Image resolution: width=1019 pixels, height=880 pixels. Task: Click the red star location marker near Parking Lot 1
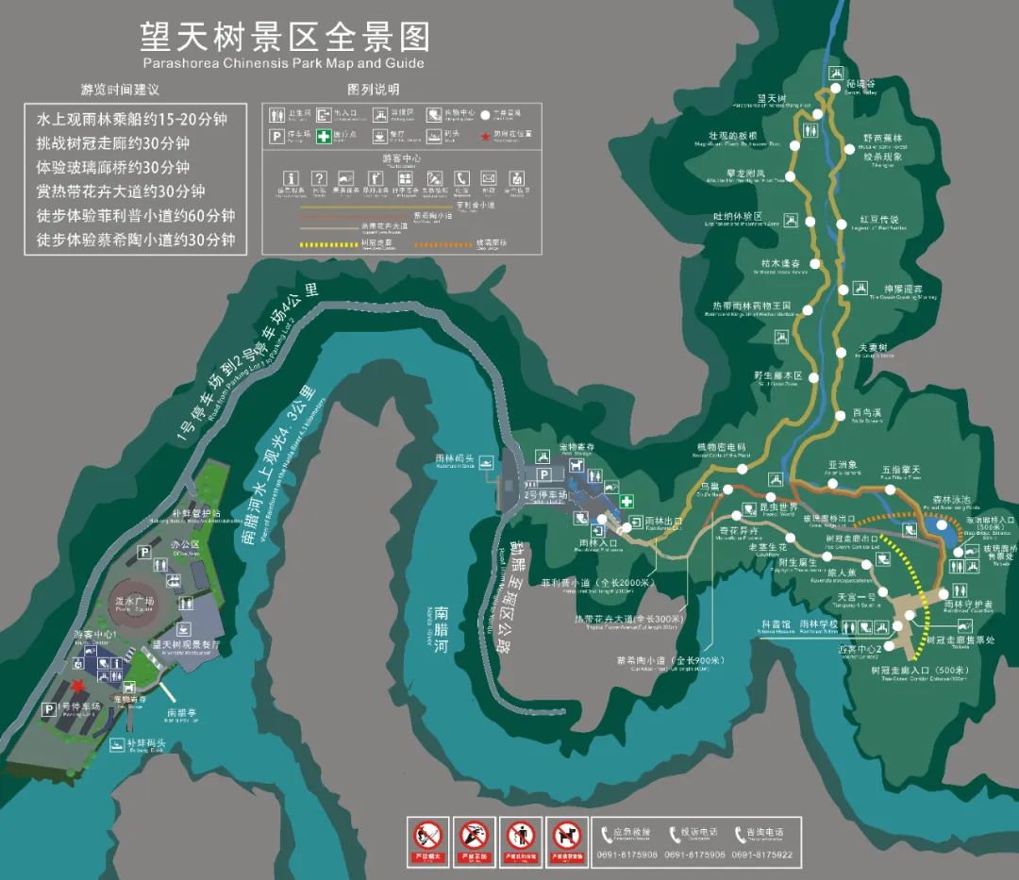tap(77, 686)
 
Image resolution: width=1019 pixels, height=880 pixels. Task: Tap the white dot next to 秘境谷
tap(833, 90)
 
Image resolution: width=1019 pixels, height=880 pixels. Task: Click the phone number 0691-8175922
tap(761, 855)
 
